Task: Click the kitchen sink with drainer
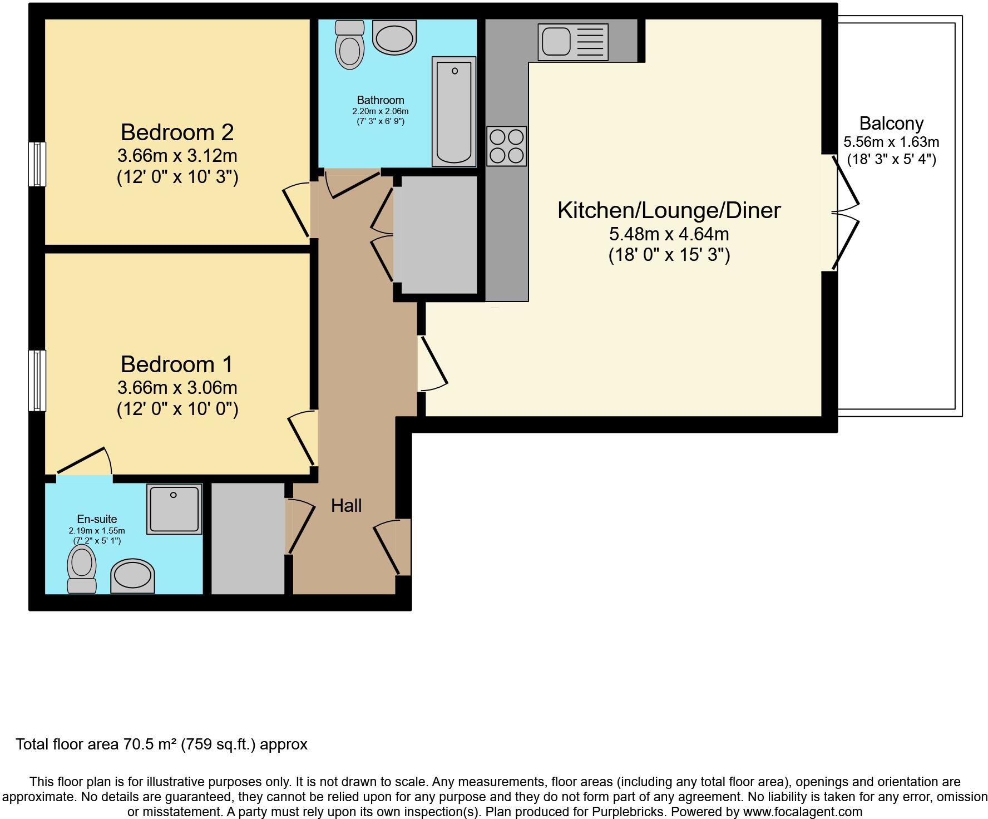coord(572,42)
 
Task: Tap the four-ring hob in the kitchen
coord(506,146)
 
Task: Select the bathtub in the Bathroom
coord(454,111)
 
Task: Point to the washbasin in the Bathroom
coord(394,38)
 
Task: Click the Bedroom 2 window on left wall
coord(37,164)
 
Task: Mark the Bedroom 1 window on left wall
coord(37,381)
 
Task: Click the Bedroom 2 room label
coord(177,132)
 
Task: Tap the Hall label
coord(346,506)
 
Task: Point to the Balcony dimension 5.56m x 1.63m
coord(891,142)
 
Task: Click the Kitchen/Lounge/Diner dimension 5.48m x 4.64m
coord(669,234)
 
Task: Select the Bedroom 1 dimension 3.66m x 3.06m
coord(177,387)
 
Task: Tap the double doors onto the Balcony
coord(844,213)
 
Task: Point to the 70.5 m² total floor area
coord(147,744)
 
